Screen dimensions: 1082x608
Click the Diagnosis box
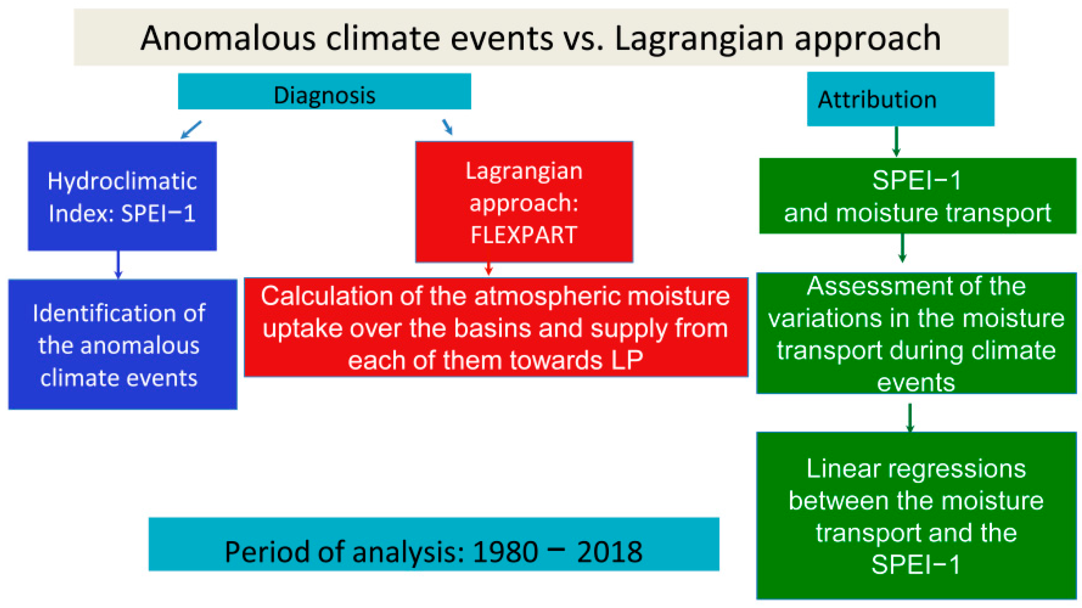click(x=324, y=91)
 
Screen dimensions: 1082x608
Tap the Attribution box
click(x=900, y=99)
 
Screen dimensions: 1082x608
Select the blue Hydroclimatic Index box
click(x=122, y=196)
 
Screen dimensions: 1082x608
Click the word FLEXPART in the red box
click(x=524, y=235)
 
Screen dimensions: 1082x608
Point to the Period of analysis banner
click(x=434, y=544)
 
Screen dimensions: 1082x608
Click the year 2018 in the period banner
click(x=610, y=552)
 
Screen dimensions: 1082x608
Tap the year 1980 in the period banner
click(x=505, y=552)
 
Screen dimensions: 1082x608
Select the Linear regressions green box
click(x=916, y=516)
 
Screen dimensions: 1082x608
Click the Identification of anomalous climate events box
click(x=123, y=344)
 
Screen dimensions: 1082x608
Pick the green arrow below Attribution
click(x=896, y=141)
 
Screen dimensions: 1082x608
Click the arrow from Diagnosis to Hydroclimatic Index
click(x=191, y=130)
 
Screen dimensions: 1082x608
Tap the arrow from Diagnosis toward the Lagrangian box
click(x=447, y=127)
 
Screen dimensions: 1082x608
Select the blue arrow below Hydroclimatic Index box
click(x=118, y=265)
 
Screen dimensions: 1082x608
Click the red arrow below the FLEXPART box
click(x=489, y=266)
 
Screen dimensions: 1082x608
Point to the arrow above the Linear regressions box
click(x=910, y=418)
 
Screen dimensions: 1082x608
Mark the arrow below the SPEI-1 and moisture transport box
click(x=902, y=248)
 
